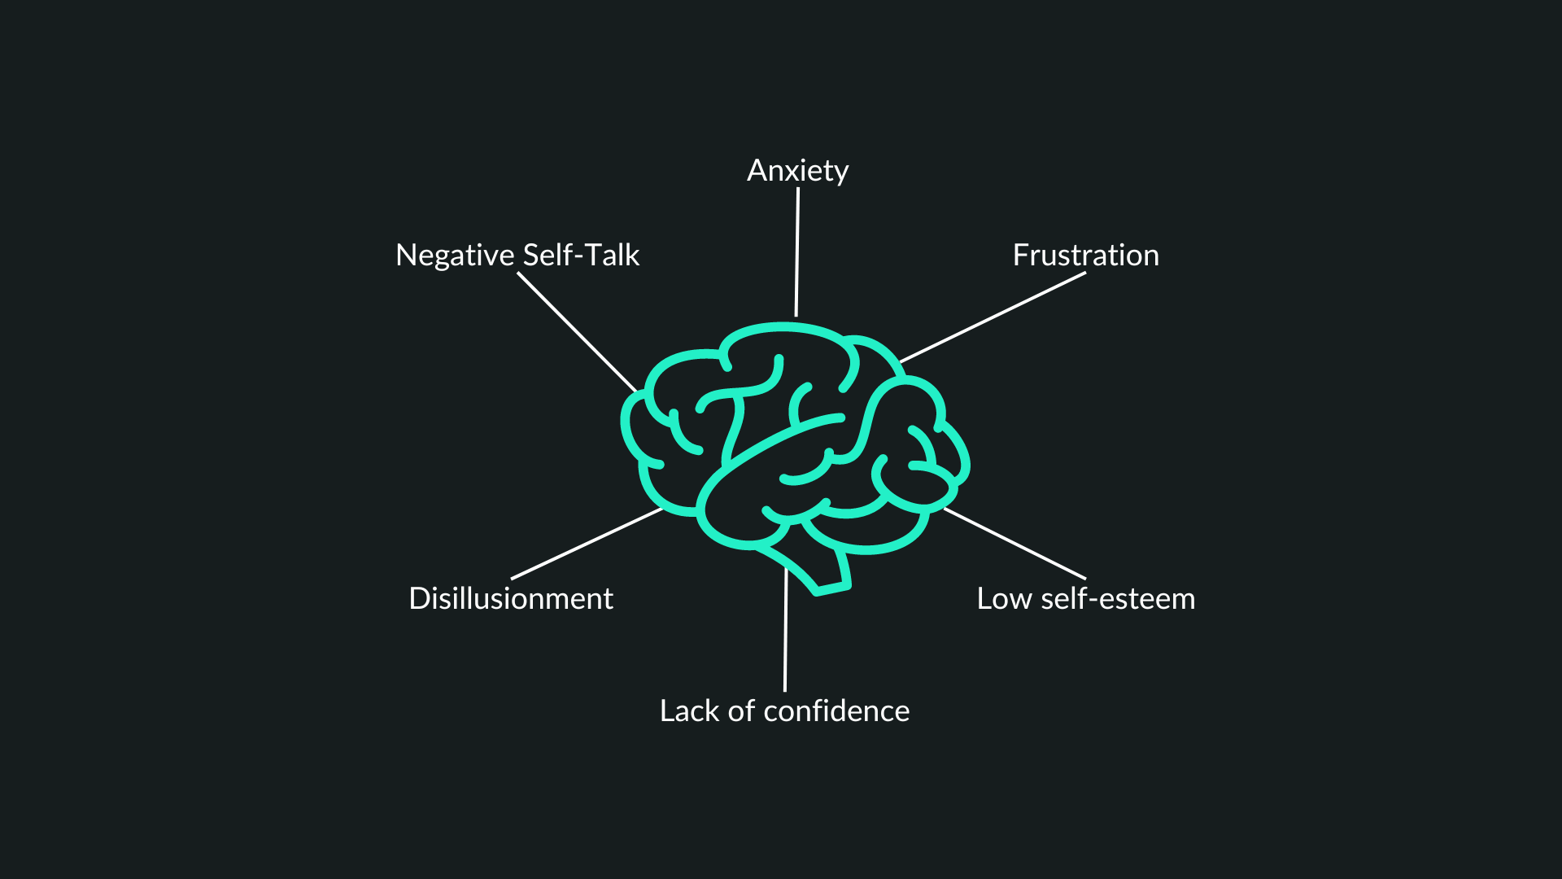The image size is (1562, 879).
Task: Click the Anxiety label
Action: [797, 171]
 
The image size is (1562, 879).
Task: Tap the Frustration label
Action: [1085, 255]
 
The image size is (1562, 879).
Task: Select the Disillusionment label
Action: [511, 598]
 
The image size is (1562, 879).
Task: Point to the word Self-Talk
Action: [581, 255]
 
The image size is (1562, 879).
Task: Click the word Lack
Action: [690, 711]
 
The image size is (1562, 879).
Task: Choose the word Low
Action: [1004, 599]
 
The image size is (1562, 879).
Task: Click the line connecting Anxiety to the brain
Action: [797, 252]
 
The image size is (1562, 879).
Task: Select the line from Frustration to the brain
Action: [993, 317]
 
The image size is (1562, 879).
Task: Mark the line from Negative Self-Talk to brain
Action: [578, 332]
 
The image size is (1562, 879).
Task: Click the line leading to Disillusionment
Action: [587, 544]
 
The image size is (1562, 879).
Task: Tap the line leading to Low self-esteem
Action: [1014, 544]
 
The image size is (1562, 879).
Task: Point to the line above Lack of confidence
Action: [786, 629]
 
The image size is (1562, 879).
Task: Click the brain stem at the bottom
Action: [814, 570]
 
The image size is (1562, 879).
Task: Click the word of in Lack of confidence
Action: [741, 711]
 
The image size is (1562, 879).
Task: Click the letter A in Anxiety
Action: [758, 170]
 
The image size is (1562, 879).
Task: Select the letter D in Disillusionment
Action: [420, 598]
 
